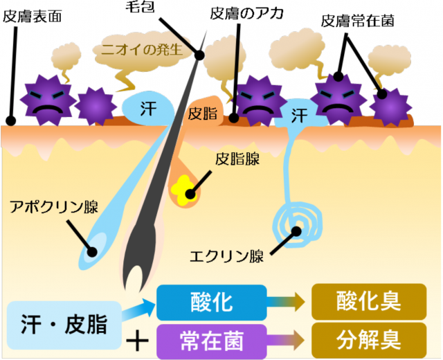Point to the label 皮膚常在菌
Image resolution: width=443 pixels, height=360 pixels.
(358, 20)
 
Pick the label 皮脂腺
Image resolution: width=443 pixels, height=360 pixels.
(237, 159)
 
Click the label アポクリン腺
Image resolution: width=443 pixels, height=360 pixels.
(53, 207)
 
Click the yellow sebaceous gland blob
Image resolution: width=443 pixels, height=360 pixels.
(185, 189)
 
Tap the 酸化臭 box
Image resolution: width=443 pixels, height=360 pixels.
(368, 303)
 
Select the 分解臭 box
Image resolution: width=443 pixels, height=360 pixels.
(368, 339)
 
